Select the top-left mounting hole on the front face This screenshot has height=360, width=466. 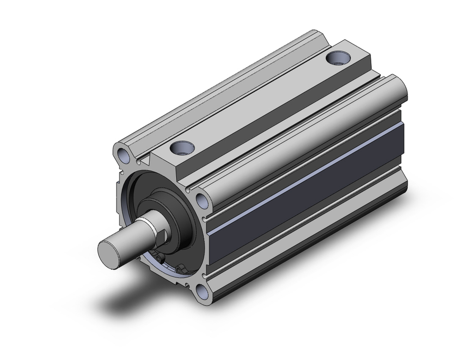[x=123, y=155]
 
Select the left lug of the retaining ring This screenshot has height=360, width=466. [x=160, y=260]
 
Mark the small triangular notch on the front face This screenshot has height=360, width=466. [x=145, y=161]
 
